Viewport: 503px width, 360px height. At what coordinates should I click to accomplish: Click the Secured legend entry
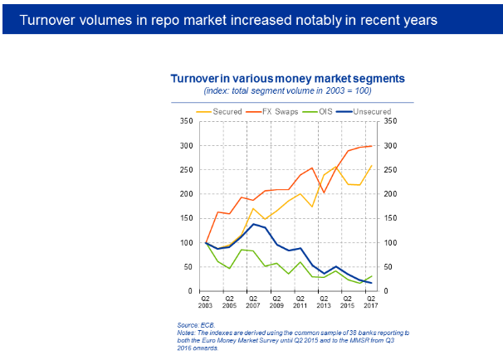pos(226,111)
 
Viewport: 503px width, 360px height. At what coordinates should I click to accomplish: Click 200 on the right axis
pos(388,194)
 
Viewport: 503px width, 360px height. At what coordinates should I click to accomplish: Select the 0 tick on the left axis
pos(191,291)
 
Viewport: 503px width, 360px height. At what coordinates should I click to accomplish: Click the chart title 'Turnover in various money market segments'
pos(287,78)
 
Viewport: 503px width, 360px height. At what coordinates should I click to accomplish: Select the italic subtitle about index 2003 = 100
pos(287,90)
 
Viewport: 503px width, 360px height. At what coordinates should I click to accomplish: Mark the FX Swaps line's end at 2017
pos(370,146)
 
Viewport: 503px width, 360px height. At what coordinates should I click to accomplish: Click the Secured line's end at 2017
pos(370,166)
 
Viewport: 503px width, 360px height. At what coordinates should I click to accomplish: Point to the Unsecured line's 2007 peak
pos(252,224)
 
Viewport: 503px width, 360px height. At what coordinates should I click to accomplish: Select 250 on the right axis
pos(388,170)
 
